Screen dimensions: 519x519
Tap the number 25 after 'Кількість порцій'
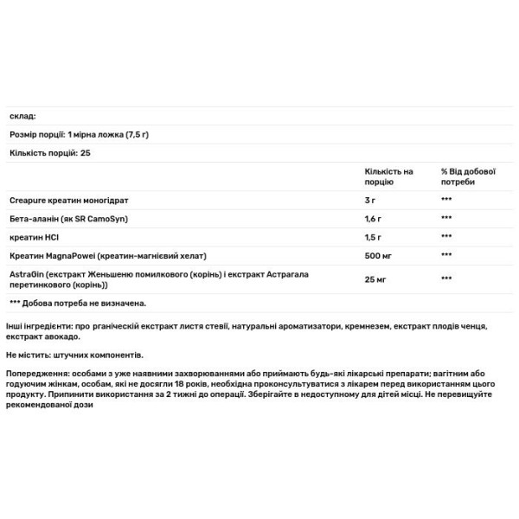point(85,152)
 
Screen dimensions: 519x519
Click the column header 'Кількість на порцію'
point(389,176)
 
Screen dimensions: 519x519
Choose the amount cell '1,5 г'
point(375,236)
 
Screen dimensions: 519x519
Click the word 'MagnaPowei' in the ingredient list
point(73,256)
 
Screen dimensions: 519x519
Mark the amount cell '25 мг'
point(376,279)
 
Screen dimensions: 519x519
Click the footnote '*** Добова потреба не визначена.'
point(77,304)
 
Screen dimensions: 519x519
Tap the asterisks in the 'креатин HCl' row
point(446,236)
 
